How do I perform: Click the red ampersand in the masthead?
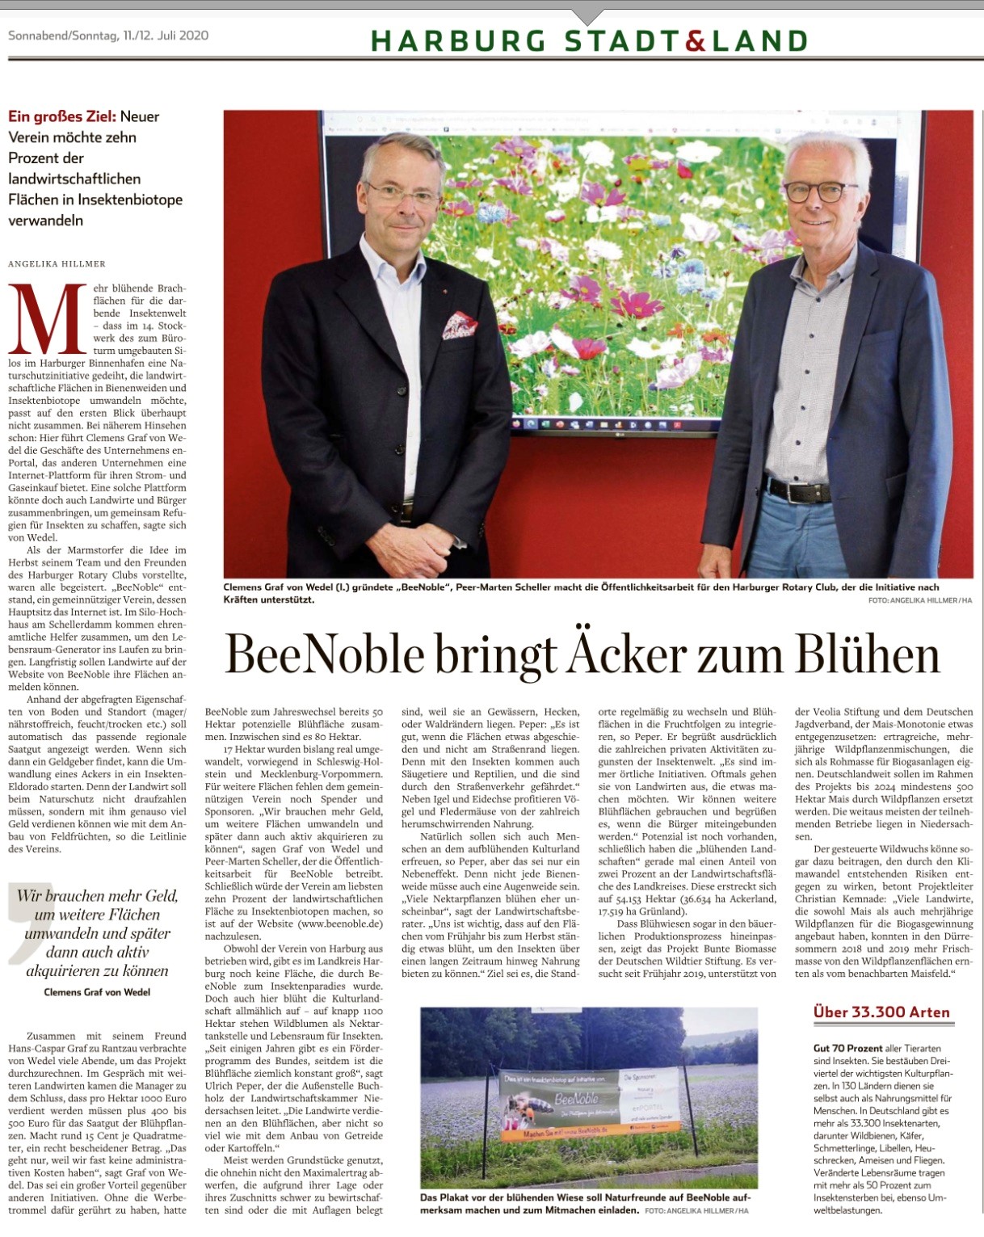[x=696, y=40]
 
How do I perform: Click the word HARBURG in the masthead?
[x=457, y=40]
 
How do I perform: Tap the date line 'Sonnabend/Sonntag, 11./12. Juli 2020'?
[x=108, y=36]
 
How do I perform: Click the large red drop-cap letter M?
[x=48, y=320]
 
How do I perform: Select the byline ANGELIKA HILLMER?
[x=57, y=263]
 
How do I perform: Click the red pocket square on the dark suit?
[x=459, y=326]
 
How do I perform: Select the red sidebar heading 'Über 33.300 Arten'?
[x=881, y=1012]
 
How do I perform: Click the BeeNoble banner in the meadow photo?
[x=590, y=1102]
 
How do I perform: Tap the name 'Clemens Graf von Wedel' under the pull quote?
[x=97, y=991]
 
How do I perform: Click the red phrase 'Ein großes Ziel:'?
[x=62, y=116]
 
